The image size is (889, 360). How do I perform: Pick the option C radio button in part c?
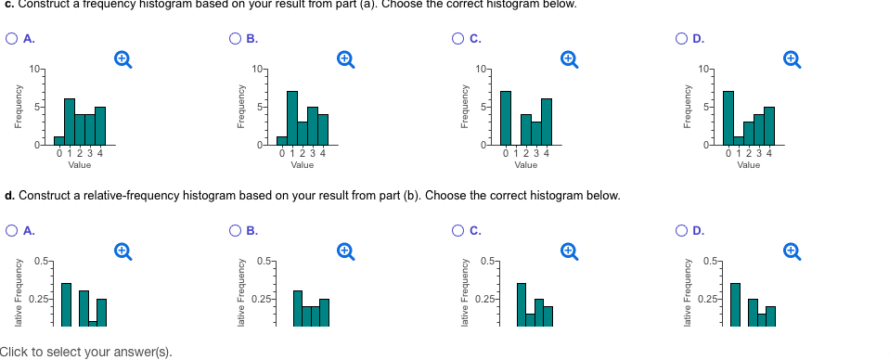pos(460,38)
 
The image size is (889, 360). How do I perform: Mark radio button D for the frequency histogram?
pos(685,38)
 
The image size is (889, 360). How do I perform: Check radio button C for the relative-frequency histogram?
pos(460,229)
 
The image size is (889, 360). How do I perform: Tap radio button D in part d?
pos(685,229)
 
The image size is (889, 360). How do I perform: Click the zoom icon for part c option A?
pos(121,58)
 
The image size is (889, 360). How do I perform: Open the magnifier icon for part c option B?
pos(344,58)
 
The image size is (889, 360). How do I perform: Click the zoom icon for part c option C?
pos(568,58)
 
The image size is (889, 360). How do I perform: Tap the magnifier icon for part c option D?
pos(791,58)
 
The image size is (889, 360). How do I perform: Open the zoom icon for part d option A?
pos(121,250)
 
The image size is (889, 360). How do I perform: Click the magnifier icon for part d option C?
pos(568,250)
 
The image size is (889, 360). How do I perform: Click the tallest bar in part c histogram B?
pos(292,118)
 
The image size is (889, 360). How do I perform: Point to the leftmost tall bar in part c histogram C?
pos(505,118)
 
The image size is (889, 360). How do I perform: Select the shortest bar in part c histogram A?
pos(58,141)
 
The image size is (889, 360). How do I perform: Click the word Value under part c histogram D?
pos(749,165)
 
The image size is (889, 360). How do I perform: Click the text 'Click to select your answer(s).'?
pos(86,352)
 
